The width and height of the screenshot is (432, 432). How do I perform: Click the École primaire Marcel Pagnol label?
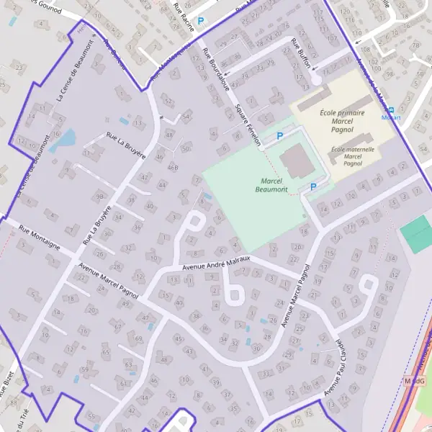click(341, 118)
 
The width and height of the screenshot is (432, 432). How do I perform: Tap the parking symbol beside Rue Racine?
click(201, 22)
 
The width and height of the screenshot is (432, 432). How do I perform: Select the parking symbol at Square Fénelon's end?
click(280, 135)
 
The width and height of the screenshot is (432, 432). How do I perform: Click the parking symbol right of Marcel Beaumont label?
click(312, 187)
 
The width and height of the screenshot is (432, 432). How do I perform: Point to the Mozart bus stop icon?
click(391, 109)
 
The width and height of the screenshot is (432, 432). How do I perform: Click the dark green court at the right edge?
click(417, 235)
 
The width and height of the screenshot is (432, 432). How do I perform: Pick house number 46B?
click(172, 167)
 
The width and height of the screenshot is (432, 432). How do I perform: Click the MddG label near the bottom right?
click(412, 380)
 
